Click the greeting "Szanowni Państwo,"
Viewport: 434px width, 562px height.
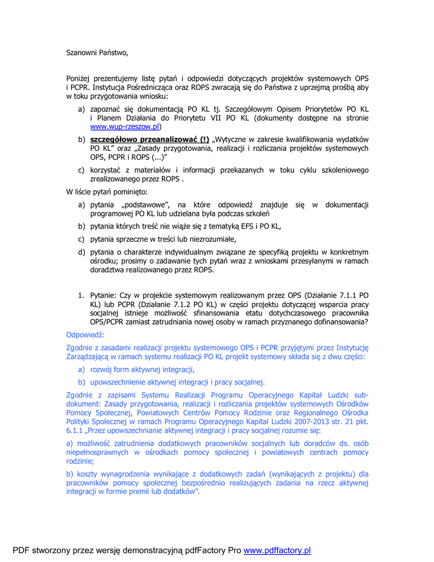click(x=97, y=53)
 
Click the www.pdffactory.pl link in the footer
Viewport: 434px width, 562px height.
click(x=277, y=550)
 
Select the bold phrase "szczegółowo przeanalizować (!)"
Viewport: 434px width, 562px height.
click(x=150, y=139)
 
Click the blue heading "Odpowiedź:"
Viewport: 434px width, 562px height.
click(x=85, y=335)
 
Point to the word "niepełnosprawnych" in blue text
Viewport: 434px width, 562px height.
click(x=97, y=452)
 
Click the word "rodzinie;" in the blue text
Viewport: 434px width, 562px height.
click(x=79, y=461)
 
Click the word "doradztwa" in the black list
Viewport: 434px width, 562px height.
click(x=108, y=269)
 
